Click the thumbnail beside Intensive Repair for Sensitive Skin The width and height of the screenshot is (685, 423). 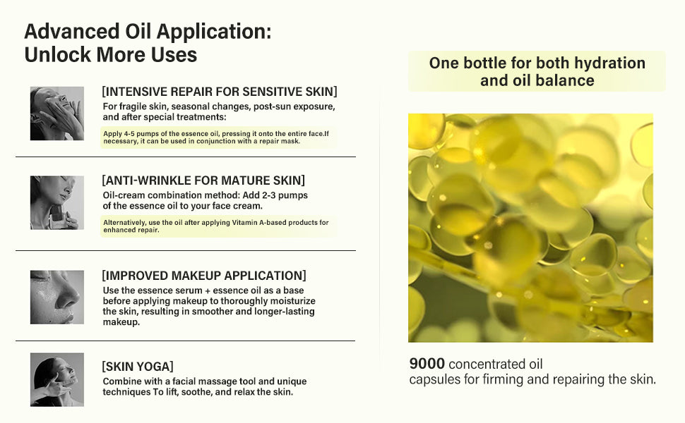point(56,114)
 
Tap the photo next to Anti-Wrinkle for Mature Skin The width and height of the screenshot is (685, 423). point(56,203)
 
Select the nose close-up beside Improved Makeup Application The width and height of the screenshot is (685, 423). point(56,297)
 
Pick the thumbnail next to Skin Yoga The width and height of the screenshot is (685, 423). point(56,379)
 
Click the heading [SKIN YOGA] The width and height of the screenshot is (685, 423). point(138,366)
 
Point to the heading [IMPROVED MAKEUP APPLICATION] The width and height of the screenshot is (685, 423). point(204,275)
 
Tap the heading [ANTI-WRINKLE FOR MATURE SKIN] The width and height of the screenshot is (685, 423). point(203,180)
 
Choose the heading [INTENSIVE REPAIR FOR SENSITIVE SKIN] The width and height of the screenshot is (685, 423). point(220,92)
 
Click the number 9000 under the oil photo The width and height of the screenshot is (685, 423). point(427,364)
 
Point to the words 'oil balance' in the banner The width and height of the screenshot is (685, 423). point(554,80)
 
